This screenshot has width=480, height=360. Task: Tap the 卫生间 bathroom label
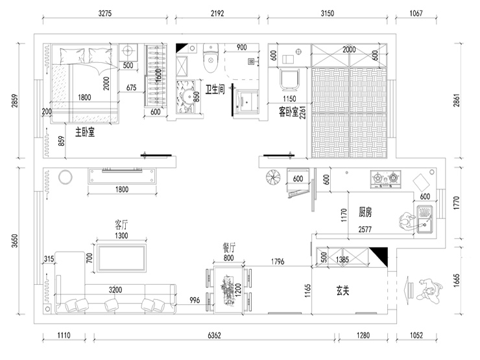pyautogui.click(x=215, y=90)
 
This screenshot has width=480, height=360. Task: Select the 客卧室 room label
pyautogui.click(x=289, y=112)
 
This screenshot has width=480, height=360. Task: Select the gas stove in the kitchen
pyautogui.click(x=384, y=179)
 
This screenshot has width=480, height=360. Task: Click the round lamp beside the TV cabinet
pyautogui.click(x=65, y=176)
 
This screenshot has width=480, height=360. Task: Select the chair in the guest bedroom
pyautogui.click(x=289, y=80)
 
